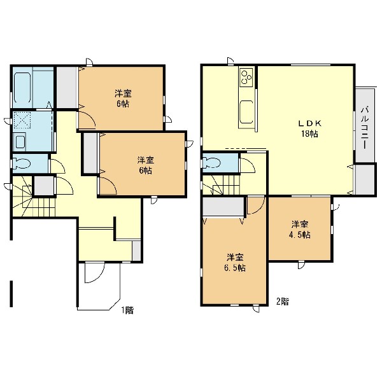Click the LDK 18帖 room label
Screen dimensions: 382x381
click(x=310, y=128)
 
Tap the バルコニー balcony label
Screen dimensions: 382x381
click(x=365, y=127)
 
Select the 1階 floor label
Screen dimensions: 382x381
click(x=127, y=310)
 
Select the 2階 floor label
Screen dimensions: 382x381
click(x=282, y=301)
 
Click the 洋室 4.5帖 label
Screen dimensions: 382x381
click(x=300, y=230)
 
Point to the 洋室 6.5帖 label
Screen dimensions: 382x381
click(x=235, y=263)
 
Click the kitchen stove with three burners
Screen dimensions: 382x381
click(x=246, y=77)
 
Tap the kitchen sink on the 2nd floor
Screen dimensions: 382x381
click(x=246, y=112)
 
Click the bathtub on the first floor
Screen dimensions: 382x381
click(x=22, y=87)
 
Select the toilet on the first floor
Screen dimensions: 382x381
click(x=22, y=163)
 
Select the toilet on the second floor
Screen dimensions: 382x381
click(x=212, y=163)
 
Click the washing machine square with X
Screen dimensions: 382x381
click(x=22, y=120)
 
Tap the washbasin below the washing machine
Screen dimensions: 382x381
click(x=20, y=142)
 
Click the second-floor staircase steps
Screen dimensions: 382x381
click(x=221, y=184)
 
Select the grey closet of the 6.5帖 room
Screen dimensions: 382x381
click(x=223, y=207)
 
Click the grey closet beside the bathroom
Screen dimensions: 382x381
click(x=67, y=87)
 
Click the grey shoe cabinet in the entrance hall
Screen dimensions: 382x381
click(x=136, y=251)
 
